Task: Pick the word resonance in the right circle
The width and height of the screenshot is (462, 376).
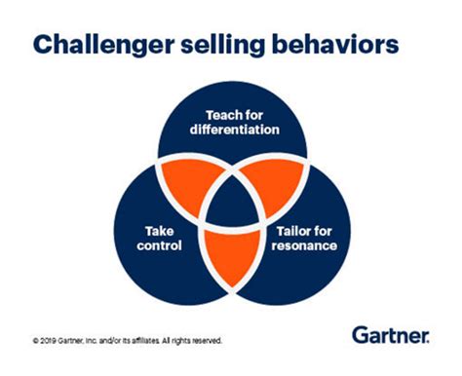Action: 305,247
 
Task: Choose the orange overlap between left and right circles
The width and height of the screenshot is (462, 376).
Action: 231,255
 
